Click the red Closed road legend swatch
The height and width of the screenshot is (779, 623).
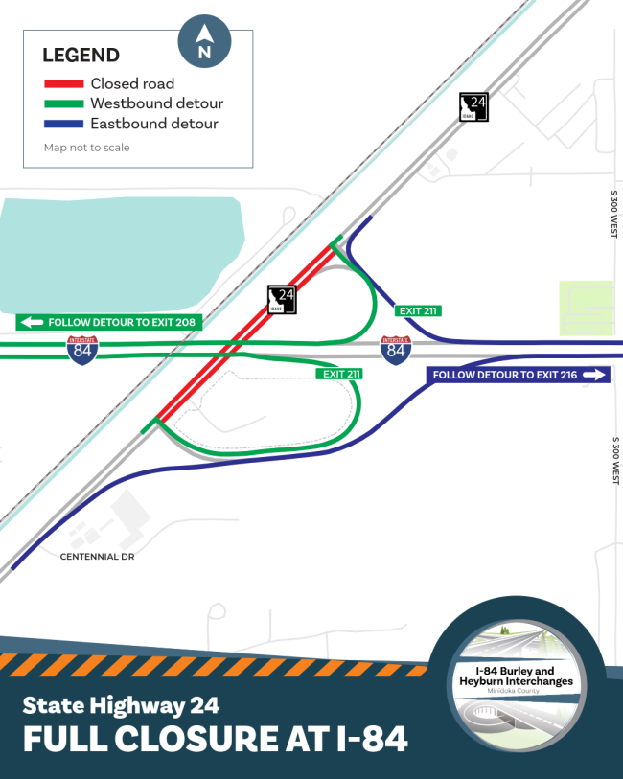[63, 84]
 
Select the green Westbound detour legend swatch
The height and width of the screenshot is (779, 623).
[63, 103]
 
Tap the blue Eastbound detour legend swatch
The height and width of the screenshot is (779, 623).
[63, 124]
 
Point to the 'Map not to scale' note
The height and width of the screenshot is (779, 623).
[86, 148]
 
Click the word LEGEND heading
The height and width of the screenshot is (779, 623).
[81, 56]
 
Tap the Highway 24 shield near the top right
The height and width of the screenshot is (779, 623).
[474, 107]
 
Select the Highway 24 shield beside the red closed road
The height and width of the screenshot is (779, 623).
[283, 300]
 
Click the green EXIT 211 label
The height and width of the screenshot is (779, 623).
[341, 374]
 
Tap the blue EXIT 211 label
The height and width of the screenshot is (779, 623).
[418, 310]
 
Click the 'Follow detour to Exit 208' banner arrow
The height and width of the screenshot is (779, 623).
[30, 323]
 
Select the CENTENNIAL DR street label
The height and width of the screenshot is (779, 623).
[97, 556]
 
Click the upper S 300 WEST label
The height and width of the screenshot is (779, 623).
[614, 213]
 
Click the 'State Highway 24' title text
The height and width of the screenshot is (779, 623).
[121, 706]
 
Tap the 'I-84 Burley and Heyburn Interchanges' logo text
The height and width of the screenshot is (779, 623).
[524, 675]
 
